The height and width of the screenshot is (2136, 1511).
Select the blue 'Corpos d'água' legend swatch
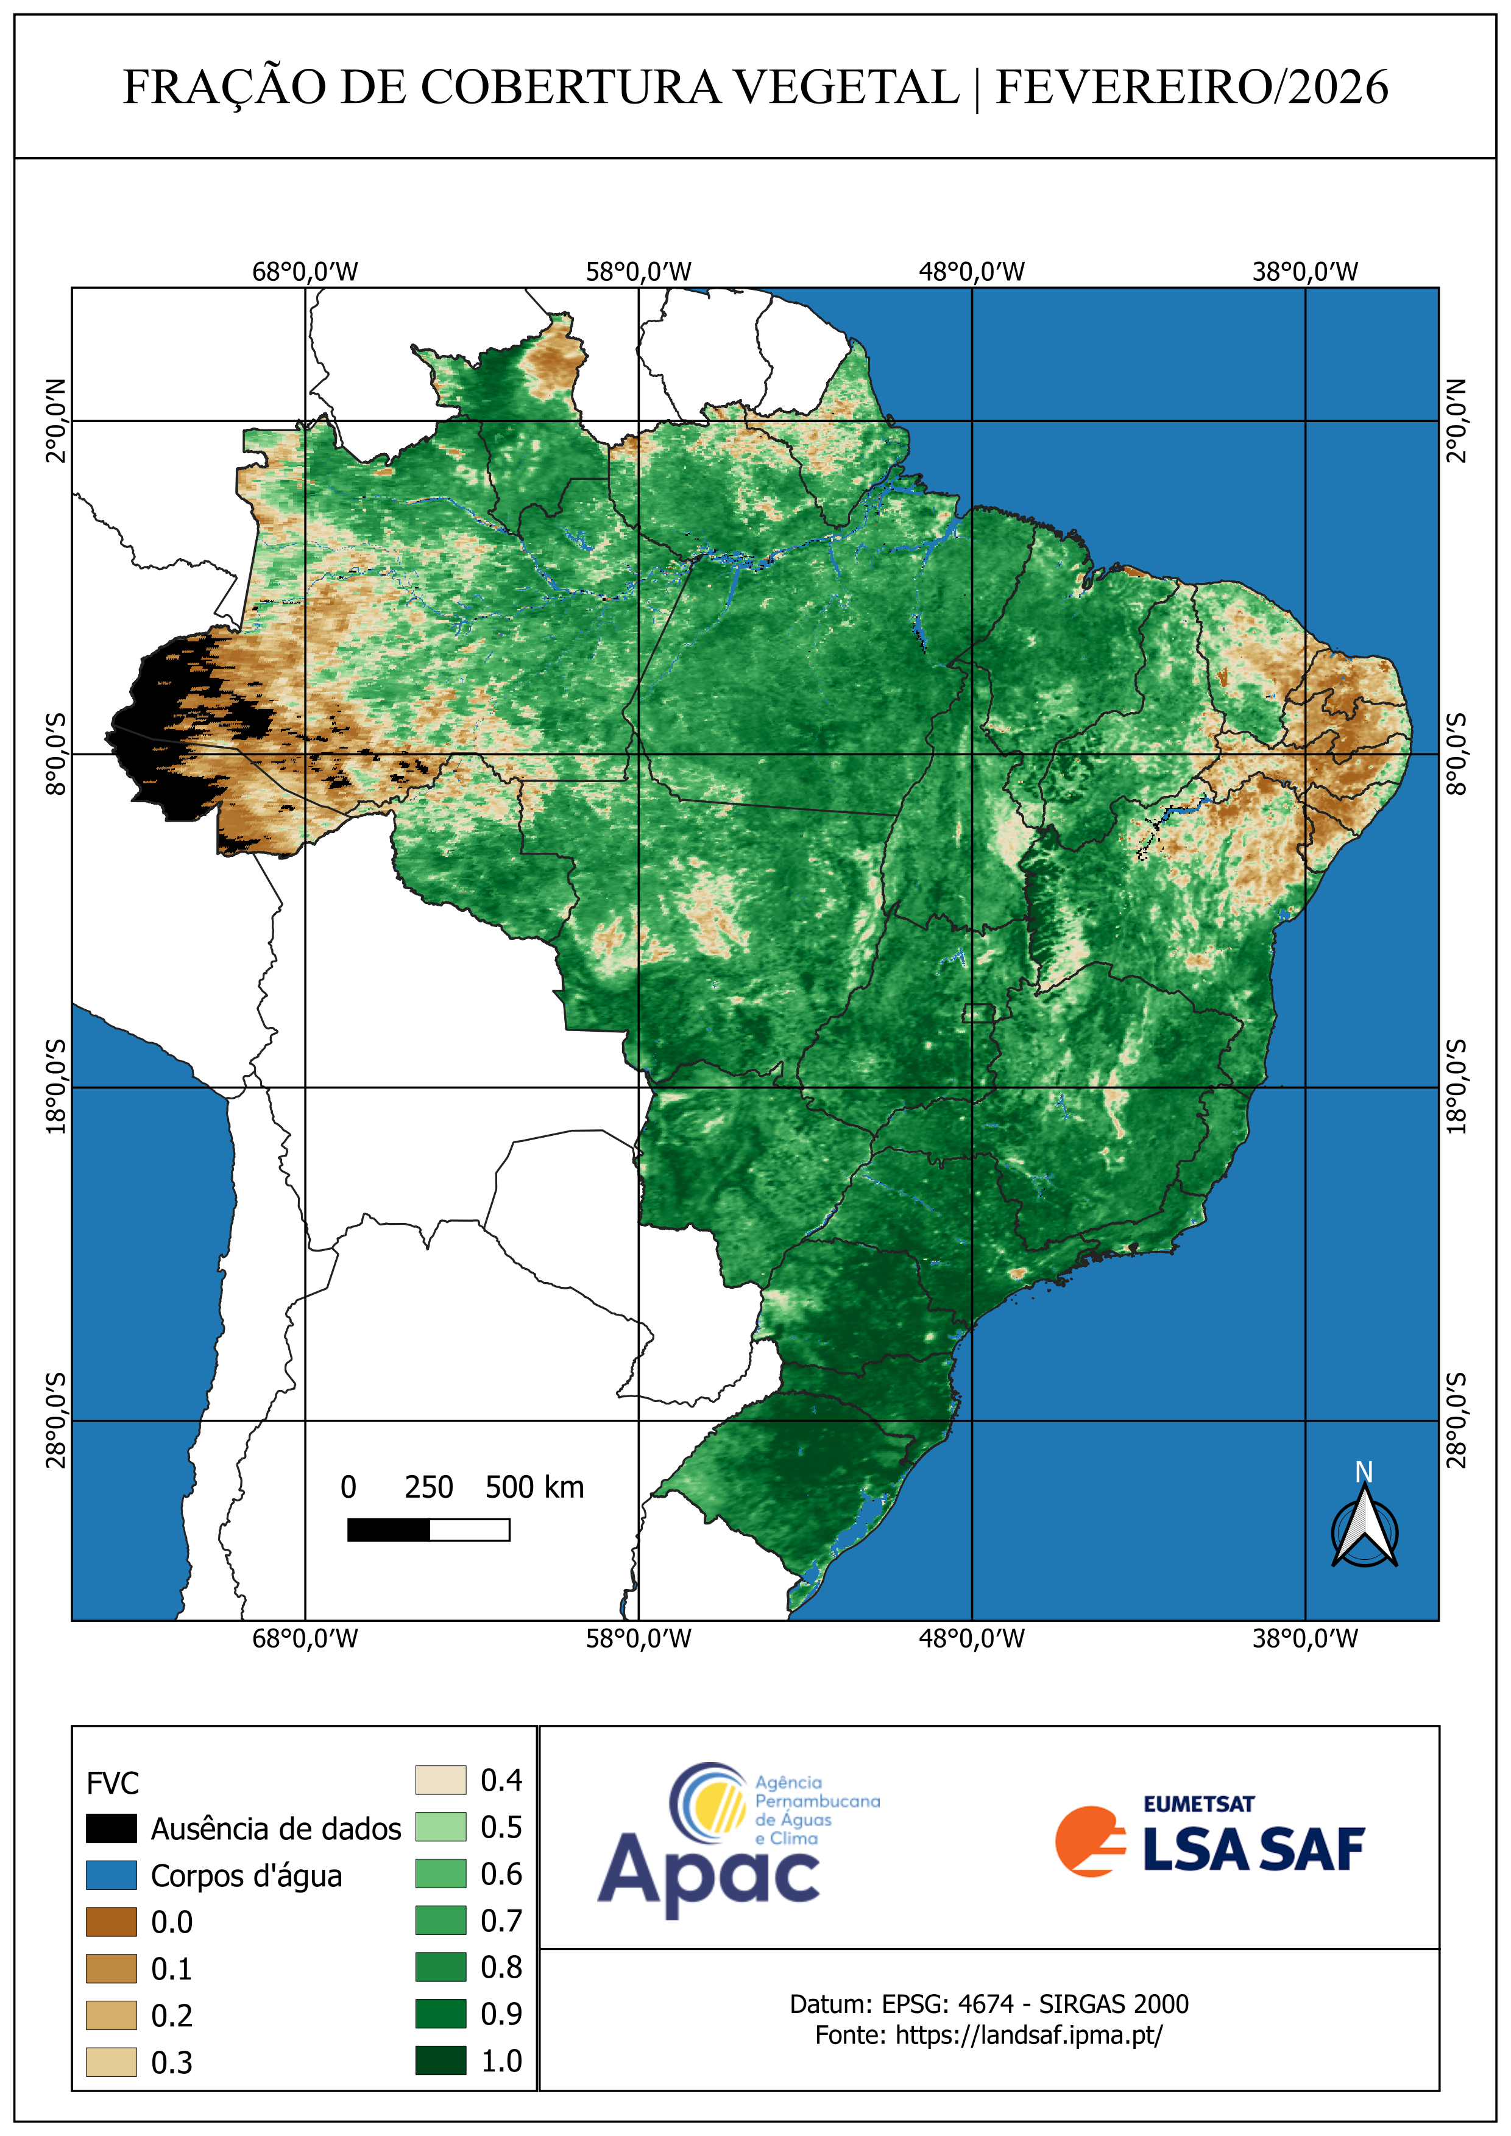[x=111, y=1875]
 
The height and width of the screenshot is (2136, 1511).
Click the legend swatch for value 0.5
[x=440, y=1827]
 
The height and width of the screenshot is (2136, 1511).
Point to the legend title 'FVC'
[x=113, y=1783]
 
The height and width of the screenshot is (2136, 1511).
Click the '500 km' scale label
[x=534, y=1487]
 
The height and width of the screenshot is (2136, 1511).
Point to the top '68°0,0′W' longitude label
[x=305, y=272]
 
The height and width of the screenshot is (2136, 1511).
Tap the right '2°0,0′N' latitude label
[x=1456, y=420]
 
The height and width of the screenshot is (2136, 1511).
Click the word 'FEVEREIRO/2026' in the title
[x=1192, y=88]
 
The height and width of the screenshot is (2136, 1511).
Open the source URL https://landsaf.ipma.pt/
[x=1028, y=2035]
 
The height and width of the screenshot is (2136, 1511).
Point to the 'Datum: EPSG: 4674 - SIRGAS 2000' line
[x=988, y=2003]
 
